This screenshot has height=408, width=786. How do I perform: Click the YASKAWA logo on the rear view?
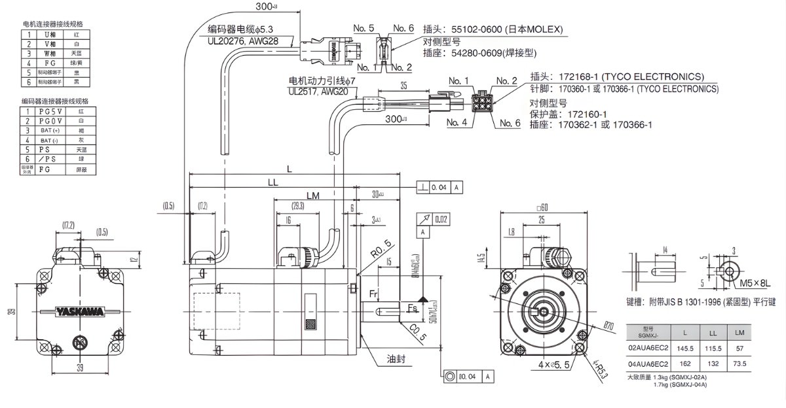79,312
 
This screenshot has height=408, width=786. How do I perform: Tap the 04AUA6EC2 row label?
648,363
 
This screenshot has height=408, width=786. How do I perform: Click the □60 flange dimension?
542,208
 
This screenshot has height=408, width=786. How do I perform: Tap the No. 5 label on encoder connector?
364,28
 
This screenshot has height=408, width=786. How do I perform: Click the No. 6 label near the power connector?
510,123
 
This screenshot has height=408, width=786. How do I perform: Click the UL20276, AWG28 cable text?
243,41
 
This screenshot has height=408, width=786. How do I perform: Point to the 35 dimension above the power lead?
403,85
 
